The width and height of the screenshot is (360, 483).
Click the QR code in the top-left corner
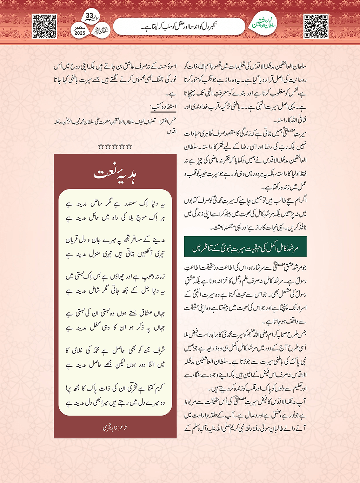pyautogui.click(x=44, y=26)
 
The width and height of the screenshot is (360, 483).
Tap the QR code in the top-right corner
pyautogui.click(x=316, y=26)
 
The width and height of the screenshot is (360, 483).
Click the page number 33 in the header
pyautogui.click(x=89, y=16)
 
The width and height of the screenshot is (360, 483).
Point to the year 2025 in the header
pyautogui.click(x=80, y=33)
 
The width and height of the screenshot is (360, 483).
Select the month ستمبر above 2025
pyautogui.click(x=80, y=27)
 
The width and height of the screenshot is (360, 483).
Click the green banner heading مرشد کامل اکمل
pyautogui.click(x=245, y=247)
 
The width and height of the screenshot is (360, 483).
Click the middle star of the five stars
pyautogui.click(x=115, y=146)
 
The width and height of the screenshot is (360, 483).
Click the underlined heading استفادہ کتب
pyautogui.click(x=164, y=106)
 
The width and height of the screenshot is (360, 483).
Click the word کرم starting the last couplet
pyautogui.click(x=160, y=388)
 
